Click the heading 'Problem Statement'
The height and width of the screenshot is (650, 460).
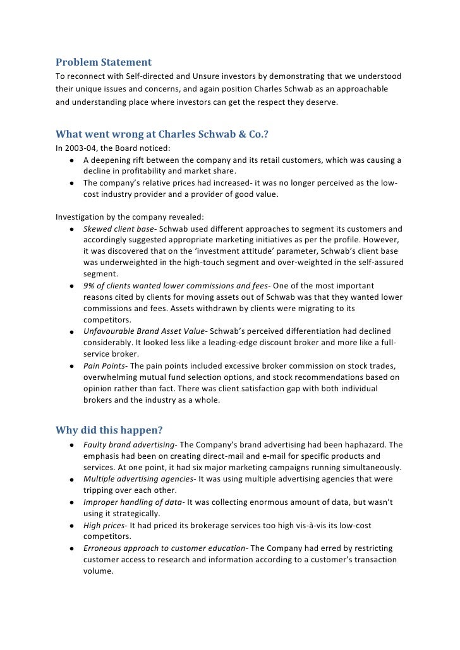coord(104,62)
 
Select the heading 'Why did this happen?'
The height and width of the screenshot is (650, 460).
coord(109,430)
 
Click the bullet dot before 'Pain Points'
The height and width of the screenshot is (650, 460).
coord(74,367)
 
